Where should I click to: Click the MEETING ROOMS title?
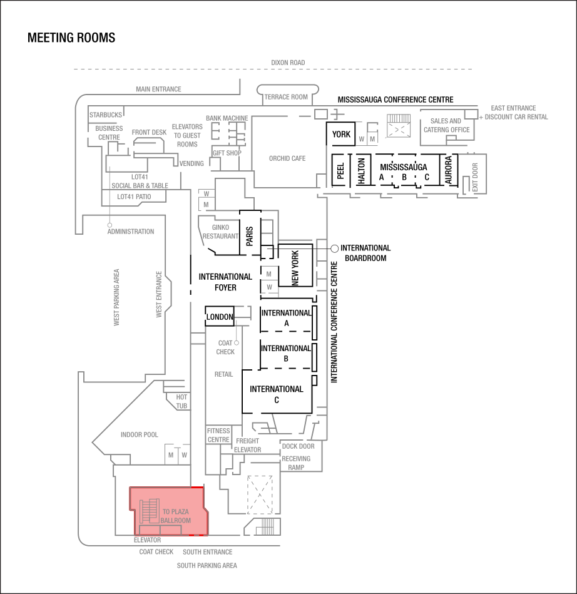pyautogui.click(x=71, y=38)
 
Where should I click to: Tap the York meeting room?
pyautogui.click(x=341, y=135)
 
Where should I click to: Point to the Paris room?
pyautogui.click(x=249, y=235)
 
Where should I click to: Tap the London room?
pyautogui.click(x=220, y=317)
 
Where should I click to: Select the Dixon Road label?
pyautogui.click(x=288, y=63)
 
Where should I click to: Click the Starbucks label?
pyautogui.click(x=105, y=115)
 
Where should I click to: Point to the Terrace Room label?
pyautogui.click(x=286, y=97)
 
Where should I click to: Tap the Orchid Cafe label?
pyautogui.click(x=287, y=158)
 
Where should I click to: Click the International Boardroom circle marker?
pyautogui.click(x=335, y=248)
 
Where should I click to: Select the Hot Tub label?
pyautogui.click(x=181, y=401)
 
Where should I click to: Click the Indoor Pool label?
pyautogui.click(x=139, y=434)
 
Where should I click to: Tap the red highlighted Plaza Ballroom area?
pyautogui.click(x=168, y=510)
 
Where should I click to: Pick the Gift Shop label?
pyautogui.click(x=227, y=152)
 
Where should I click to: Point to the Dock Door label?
pyautogui.click(x=298, y=446)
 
